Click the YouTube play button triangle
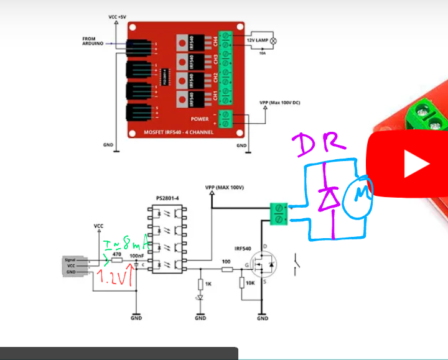coord(416,164)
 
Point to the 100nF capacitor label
coord(137,255)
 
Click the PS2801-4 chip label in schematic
coord(167,198)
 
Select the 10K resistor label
coord(251,283)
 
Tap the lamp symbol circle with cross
coord(271,40)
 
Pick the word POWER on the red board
coord(200,118)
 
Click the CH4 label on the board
coord(215,42)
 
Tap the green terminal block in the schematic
coord(278,213)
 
